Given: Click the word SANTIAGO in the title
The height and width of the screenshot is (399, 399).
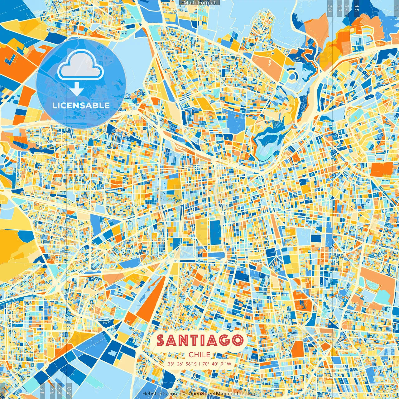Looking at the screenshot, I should click(199, 340).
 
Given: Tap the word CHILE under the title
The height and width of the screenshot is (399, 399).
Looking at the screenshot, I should click(199, 355).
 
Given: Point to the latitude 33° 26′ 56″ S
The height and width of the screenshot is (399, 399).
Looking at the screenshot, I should click(182, 364).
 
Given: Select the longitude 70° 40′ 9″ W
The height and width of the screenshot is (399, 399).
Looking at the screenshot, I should click(217, 364).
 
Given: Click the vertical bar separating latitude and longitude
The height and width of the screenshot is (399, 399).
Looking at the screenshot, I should click(199, 364).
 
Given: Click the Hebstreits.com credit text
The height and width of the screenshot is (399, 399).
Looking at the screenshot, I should click(160, 394).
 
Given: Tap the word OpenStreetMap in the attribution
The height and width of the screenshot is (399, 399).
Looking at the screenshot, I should click(207, 394).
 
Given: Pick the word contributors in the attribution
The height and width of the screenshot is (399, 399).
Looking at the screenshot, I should click(242, 394).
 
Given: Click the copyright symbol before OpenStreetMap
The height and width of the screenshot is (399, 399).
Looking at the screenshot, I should click(185, 394).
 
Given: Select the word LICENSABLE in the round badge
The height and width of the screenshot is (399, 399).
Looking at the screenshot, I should click(81, 105).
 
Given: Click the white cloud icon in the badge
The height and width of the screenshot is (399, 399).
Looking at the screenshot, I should click(80, 65).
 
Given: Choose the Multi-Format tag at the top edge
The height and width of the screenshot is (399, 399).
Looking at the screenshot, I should click(199, 3).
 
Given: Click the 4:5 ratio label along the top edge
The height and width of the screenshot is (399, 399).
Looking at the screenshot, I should click(357, 8).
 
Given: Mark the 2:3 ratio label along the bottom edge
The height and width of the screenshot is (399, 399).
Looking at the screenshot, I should click(69, 390).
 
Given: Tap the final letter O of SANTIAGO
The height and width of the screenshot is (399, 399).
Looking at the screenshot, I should click(237, 340).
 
